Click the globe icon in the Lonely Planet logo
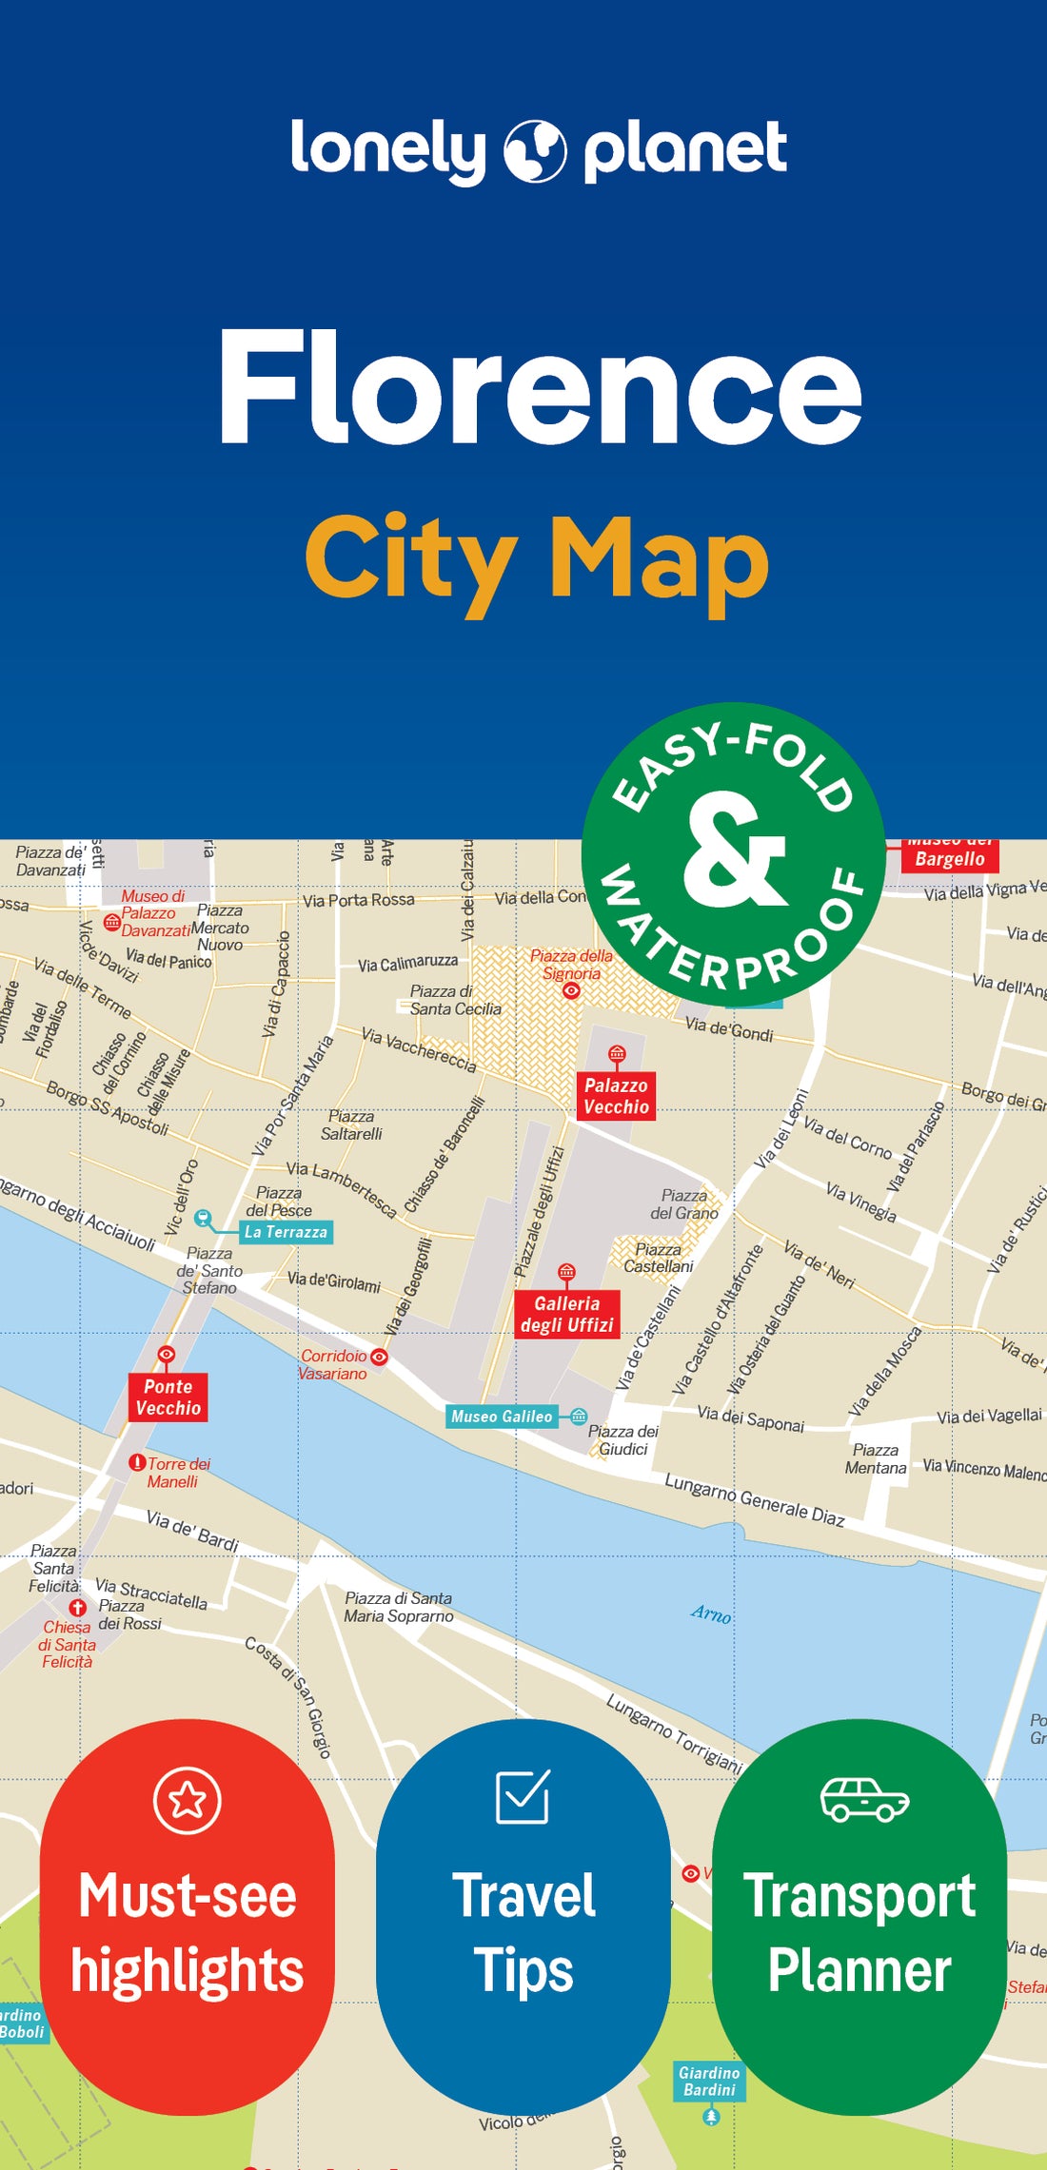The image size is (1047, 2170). coord(535,150)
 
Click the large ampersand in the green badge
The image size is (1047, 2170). coord(734,850)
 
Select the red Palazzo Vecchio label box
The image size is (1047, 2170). coord(616,1096)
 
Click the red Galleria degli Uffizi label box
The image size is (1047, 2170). coord(566,1314)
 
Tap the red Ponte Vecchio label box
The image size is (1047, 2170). coord(168,1397)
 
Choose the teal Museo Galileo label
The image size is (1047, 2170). coord(502,1417)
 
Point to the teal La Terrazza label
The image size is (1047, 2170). coord(286,1232)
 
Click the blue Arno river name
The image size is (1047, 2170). coord(711,1613)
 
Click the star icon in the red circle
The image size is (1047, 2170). coord(188,1800)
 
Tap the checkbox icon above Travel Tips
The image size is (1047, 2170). coord(523,1796)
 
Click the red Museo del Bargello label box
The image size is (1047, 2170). coord(949,855)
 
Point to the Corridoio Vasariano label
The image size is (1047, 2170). coord(333,1364)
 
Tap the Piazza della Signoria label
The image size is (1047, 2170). coord(571,965)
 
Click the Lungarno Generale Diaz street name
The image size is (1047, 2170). coord(754,1499)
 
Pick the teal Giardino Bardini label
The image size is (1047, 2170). coord(709,2081)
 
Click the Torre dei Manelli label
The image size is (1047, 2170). coord(176,1472)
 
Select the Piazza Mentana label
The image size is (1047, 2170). coord(875,1458)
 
